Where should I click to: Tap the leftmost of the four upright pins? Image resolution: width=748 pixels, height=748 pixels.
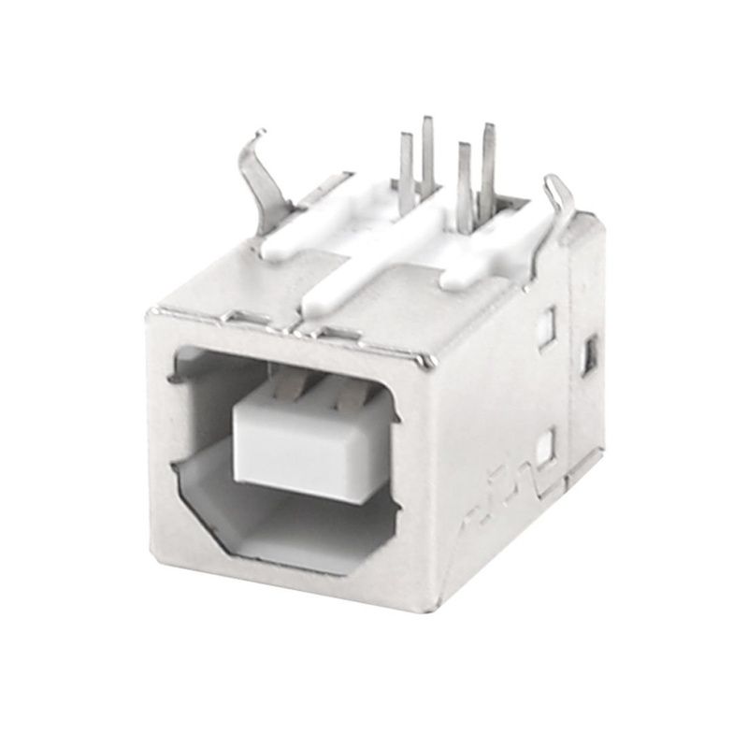click(x=406, y=168)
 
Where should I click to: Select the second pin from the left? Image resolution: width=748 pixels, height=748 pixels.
click(x=427, y=154)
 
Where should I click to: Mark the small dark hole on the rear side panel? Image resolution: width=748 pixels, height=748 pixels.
click(x=589, y=355)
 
